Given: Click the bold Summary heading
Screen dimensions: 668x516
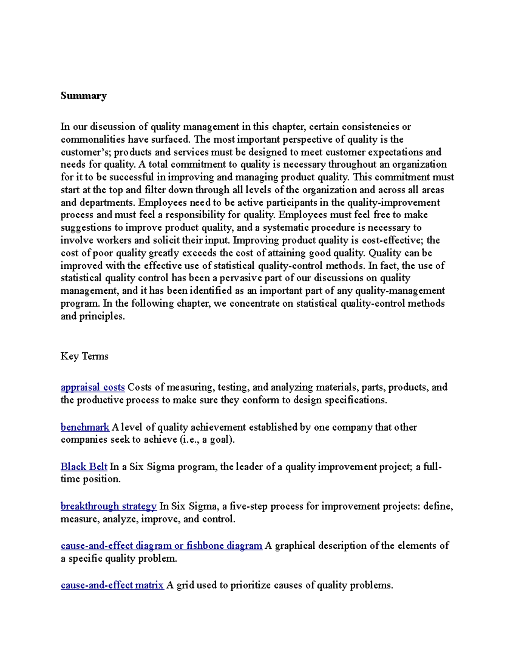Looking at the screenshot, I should coord(83,95).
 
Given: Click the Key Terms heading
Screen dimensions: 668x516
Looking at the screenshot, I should coord(84,356).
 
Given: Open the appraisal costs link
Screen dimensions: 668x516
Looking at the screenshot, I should coord(92,387).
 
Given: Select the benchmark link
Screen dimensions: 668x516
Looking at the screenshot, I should coord(85,427).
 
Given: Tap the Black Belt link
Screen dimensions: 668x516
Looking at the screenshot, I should coord(84,467).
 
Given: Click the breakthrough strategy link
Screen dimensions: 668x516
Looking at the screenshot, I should coord(108,506).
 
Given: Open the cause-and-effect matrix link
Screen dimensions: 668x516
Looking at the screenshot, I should coord(112,585).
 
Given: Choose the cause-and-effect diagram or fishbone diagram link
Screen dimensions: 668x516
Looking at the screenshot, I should coord(161,546).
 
